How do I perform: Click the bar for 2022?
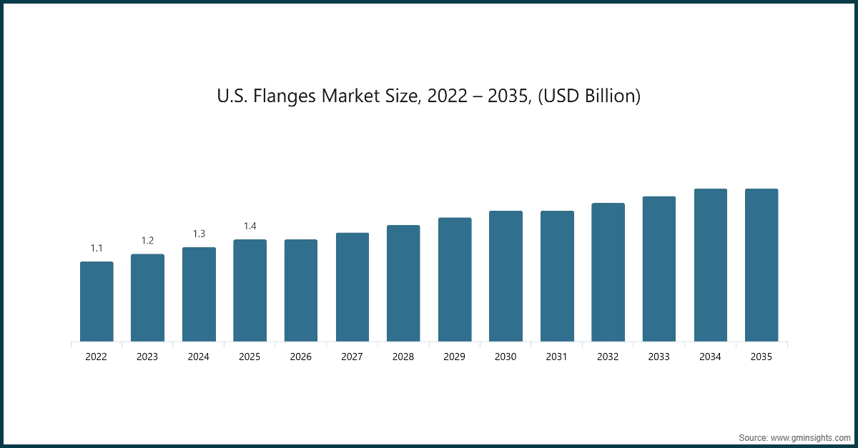pos(97,302)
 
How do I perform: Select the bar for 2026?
pos(301,290)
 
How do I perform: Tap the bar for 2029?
pos(455,279)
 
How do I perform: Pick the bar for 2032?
pos(608,272)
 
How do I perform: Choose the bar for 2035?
pos(761,265)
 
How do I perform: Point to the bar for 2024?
pos(199,294)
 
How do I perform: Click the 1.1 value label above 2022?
pos(97,248)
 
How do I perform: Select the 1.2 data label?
pos(147,241)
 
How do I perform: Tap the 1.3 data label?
pos(199,234)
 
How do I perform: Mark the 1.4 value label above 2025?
pos(250,226)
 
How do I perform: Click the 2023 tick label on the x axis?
pos(147,357)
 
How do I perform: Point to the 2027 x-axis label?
pos(352,357)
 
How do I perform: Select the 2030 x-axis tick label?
pos(506,357)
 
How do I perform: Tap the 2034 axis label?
pos(710,357)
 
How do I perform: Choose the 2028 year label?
pos(403,357)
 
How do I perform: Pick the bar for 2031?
pos(557,276)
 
